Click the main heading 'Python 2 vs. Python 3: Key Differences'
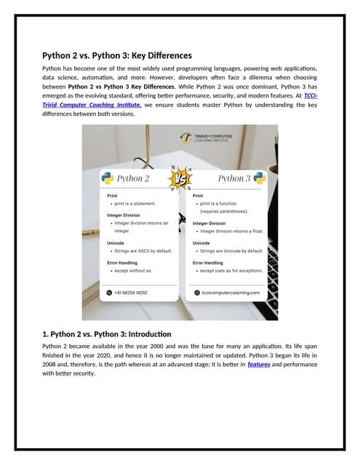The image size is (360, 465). coord(116,55)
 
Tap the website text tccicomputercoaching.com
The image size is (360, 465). coord(230,292)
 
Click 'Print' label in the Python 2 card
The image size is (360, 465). coord(112,195)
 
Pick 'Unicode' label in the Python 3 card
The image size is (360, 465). coord(201,243)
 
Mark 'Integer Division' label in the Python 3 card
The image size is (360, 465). coord(209,223)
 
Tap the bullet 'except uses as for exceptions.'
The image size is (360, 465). coord(231,270)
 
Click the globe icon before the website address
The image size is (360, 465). coord(196,292)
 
